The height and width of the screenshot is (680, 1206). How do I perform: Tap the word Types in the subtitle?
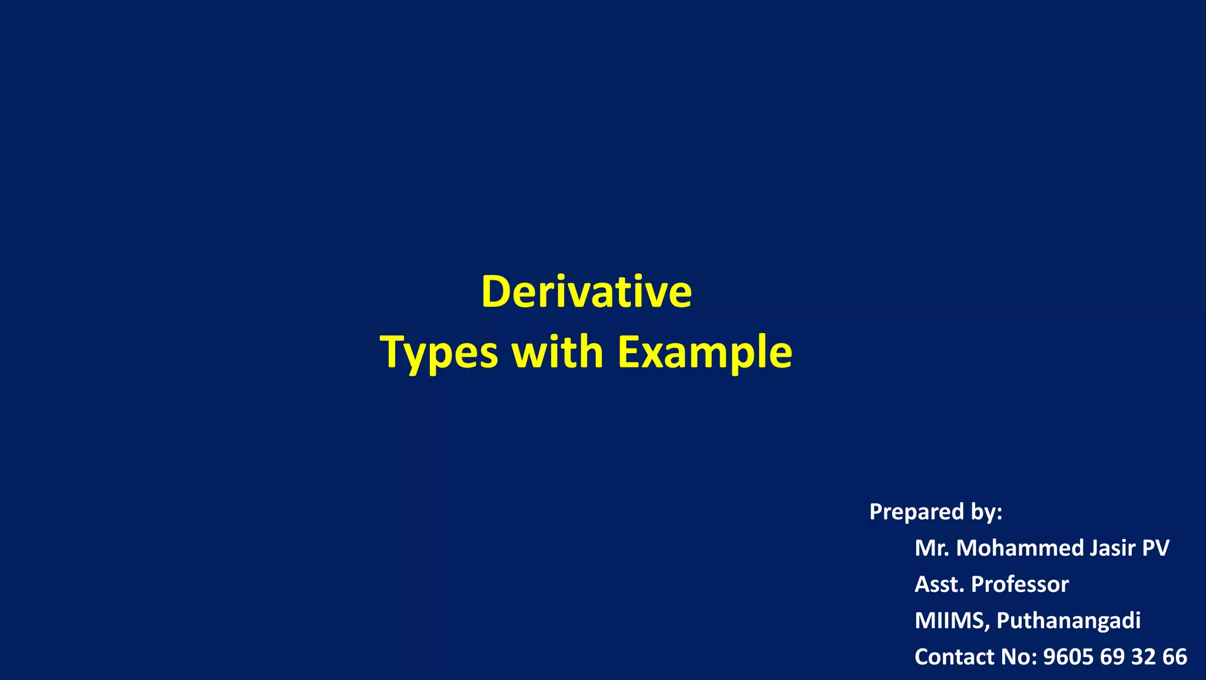coord(439,352)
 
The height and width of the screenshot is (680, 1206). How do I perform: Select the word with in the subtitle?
coord(558,352)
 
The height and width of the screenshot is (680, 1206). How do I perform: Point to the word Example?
coord(705,352)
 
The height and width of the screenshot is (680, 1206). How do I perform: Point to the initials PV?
coord(1155,548)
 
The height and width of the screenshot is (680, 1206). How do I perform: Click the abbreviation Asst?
coord(939,585)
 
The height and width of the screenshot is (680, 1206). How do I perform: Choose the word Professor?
coord(1020,585)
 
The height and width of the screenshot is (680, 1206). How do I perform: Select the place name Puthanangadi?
coord(1068,621)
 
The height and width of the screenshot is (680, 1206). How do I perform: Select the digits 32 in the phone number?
coord(1145,657)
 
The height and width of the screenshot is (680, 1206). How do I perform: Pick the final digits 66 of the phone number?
coord(1175,657)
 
